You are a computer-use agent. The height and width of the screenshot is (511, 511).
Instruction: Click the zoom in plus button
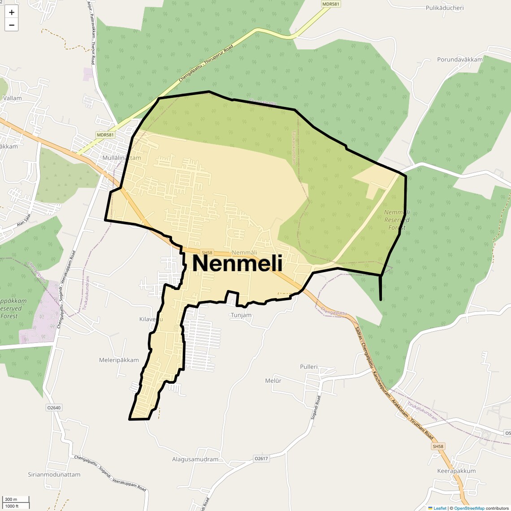click(x=12, y=13)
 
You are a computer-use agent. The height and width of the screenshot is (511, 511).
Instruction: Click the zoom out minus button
click(x=12, y=25)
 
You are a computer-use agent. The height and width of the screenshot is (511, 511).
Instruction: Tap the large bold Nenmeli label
click(x=237, y=264)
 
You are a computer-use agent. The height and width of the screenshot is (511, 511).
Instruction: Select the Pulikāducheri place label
click(x=444, y=8)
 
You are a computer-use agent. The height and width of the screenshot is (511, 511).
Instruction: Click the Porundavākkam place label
click(x=460, y=60)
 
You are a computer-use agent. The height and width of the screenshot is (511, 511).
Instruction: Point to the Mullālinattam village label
click(x=121, y=158)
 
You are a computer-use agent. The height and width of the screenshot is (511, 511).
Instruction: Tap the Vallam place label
click(x=12, y=98)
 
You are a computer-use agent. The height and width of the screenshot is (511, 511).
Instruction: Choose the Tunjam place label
click(x=241, y=315)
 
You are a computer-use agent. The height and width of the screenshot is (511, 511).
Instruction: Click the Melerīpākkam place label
click(x=119, y=360)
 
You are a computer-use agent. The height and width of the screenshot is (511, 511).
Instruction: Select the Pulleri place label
click(x=308, y=367)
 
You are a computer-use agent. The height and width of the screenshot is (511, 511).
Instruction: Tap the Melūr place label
click(x=273, y=381)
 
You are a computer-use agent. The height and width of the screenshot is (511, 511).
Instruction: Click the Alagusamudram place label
click(x=195, y=459)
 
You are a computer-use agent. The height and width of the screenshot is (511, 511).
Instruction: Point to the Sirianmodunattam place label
click(x=54, y=474)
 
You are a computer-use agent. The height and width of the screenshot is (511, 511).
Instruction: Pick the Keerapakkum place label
click(x=456, y=471)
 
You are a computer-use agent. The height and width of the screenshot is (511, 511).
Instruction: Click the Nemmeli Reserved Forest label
click(x=397, y=220)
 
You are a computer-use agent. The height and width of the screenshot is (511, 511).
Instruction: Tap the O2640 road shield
click(x=53, y=408)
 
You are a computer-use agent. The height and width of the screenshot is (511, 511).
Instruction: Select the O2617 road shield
click(x=261, y=459)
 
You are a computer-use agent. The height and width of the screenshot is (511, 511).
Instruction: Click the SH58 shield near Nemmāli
click(x=207, y=253)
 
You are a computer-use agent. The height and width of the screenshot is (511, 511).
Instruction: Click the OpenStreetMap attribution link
click(x=469, y=508)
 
